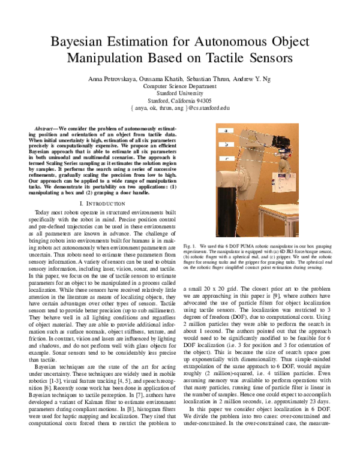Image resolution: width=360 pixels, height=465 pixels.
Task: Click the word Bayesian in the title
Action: pyautogui.click(x=80, y=43)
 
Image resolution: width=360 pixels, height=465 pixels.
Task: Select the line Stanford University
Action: pyautogui.click(x=180, y=93)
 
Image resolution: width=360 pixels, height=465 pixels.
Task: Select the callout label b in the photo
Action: pyautogui.click(x=226, y=144)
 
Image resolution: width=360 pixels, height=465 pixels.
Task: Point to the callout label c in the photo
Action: pyautogui.click(x=226, y=158)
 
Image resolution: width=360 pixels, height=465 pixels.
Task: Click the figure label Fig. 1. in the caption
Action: pyautogui.click(x=190, y=246)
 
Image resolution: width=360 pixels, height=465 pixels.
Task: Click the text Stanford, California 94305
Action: pyautogui.click(x=180, y=101)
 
